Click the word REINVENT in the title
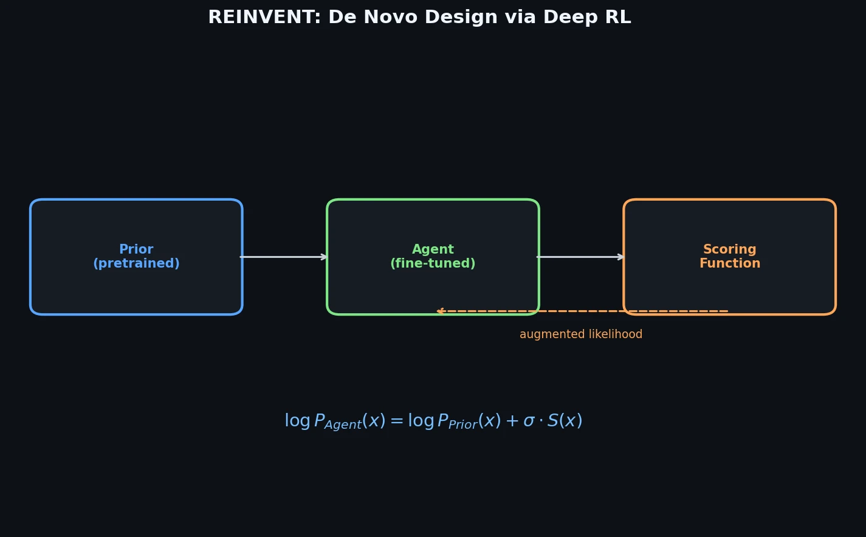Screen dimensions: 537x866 [x=264, y=18]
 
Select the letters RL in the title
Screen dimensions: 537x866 [x=617, y=18]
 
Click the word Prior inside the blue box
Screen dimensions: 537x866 [x=136, y=250]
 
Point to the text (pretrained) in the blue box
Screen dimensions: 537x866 [x=136, y=264]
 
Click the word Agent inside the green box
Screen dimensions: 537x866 [x=433, y=250]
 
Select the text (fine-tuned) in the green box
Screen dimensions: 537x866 [x=433, y=264]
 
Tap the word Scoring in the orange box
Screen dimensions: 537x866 [x=729, y=250]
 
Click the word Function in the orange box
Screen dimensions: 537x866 [x=729, y=264]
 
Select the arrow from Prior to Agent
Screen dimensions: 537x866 [x=284, y=257]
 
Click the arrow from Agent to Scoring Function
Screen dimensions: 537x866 [x=580, y=257]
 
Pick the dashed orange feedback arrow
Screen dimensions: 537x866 [x=583, y=311]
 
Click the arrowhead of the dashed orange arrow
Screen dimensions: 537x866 [x=440, y=311]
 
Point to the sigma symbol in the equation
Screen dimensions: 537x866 [x=529, y=421]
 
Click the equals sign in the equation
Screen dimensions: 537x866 [x=397, y=421]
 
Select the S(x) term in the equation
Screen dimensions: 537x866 [x=565, y=421]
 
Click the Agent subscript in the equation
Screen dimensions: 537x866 [x=343, y=425]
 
